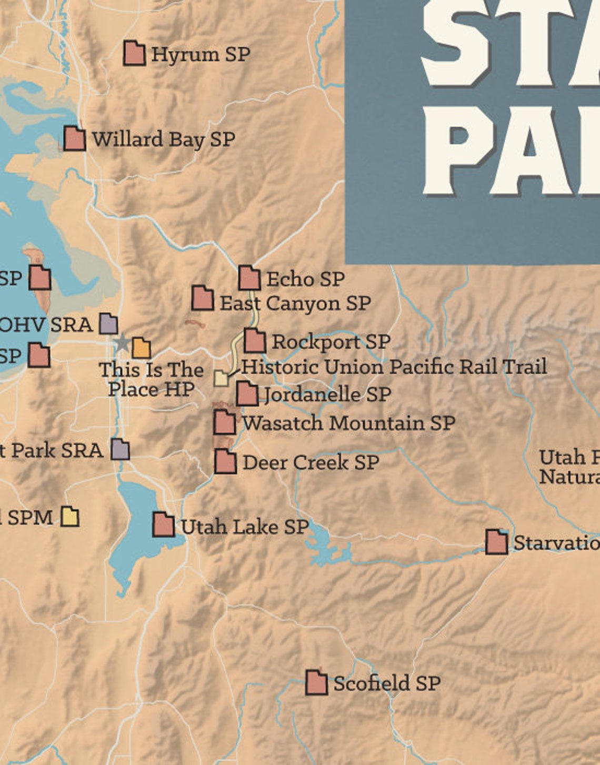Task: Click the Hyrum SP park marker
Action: [134, 53]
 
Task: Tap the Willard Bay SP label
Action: [163, 139]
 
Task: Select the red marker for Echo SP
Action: [249, 278]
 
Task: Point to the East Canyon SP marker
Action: [202, 298]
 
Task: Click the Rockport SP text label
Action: [331, 342]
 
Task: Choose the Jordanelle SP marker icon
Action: [247, 394]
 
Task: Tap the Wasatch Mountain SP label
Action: [348, 423]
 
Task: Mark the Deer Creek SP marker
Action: [225, 461]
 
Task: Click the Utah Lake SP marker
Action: [163, 525]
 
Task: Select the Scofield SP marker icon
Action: [316, 683]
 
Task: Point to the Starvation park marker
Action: [496, 542]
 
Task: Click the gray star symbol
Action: [122, 343]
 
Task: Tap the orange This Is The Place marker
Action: [141, 348]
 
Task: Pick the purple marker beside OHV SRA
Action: [108, 324]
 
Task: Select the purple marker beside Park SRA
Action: [120, 450]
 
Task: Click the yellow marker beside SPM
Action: [69, 517]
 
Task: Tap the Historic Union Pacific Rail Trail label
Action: [394, 367]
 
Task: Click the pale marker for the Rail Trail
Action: [221, 378]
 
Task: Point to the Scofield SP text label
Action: [387, 683]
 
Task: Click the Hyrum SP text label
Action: [201, 54]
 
